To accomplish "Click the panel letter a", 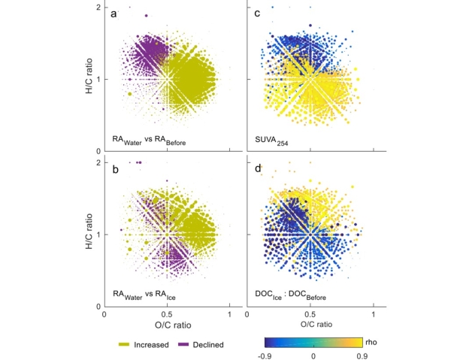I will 114,14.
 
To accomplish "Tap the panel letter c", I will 257,14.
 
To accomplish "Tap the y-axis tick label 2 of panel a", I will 98,8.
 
